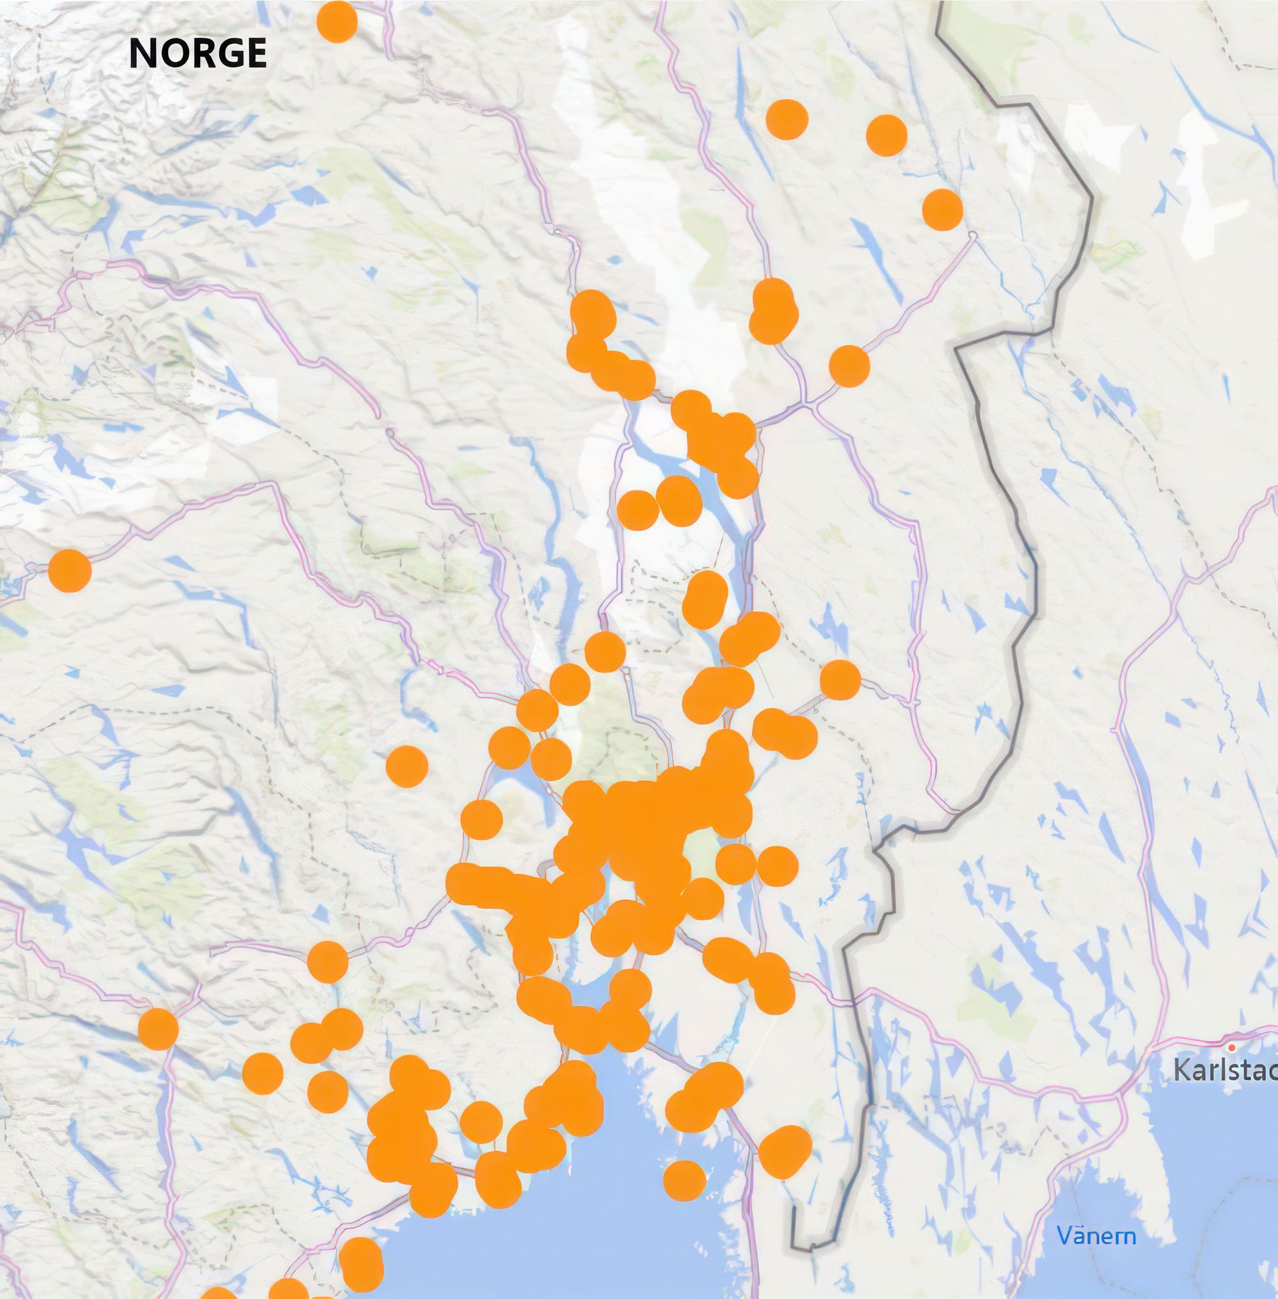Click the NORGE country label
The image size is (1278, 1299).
(x=197, y=53)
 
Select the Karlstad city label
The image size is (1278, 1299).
(x=1224, y=1071)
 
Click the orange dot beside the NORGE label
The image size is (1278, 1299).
(x=336, y=22)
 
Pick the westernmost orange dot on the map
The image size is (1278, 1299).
(x=70, y=570)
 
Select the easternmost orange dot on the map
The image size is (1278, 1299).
(x=943, y=209)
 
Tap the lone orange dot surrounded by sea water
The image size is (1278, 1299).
(x=684, y=1180)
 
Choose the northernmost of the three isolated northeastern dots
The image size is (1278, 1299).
(x=787, y=119)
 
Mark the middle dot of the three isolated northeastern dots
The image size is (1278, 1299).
(x=887, y=134)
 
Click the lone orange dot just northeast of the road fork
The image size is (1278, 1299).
(x=849, y=367)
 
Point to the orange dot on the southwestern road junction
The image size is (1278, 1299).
(x=158, y=1028)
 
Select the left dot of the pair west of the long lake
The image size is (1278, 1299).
(x=638, y=510)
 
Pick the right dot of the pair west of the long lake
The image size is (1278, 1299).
(x=679, y=500)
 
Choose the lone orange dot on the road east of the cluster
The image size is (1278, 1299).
(x=840, y=680)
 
